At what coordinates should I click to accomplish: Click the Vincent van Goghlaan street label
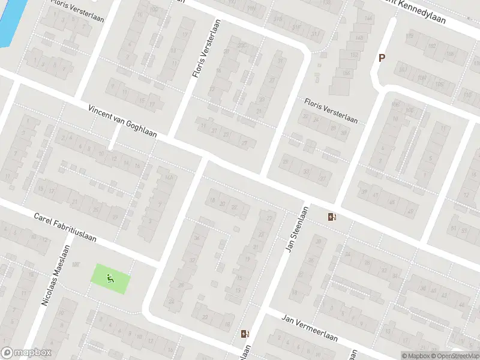click(x=122, y=121)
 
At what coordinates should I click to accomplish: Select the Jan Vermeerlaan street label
click(x=310, y=330)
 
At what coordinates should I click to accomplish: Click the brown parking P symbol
click(x=381, y=58)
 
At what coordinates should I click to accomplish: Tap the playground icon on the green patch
click(x=110, y=278)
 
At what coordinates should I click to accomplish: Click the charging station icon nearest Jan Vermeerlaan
click(x=244, y=334)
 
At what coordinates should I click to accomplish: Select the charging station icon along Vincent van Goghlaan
click(x=331, y=217)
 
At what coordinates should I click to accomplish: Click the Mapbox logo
click(x=27, y=353)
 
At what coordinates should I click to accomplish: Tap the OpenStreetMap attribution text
click(x=453, y=356)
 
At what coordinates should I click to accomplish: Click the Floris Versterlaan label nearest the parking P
click(x=331, y=112)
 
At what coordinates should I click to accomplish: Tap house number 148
click(x=359, y=38)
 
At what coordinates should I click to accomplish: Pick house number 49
click(x=410, y=211)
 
